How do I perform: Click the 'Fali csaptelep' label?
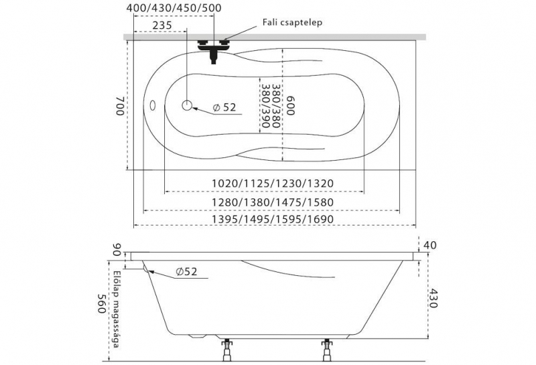292,23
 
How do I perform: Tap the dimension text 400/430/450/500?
174,8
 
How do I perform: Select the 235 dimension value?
162,25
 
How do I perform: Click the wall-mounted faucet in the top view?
214,52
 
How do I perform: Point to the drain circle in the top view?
187,105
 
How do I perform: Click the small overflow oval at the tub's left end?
153,105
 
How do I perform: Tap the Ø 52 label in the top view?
224,107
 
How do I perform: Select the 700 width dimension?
120,106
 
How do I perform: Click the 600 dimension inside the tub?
290,106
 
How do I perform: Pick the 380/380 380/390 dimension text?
271,106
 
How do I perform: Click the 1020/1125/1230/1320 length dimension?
273,184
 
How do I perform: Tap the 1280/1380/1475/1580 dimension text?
273,202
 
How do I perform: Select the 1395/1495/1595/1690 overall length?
273,219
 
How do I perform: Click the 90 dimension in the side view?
117,250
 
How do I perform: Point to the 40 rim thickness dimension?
430,245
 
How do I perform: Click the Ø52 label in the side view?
187,272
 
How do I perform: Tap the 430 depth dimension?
433,298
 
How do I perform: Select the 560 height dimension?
101,303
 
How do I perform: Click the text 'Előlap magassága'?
117,309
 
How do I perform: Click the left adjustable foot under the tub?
226,350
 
